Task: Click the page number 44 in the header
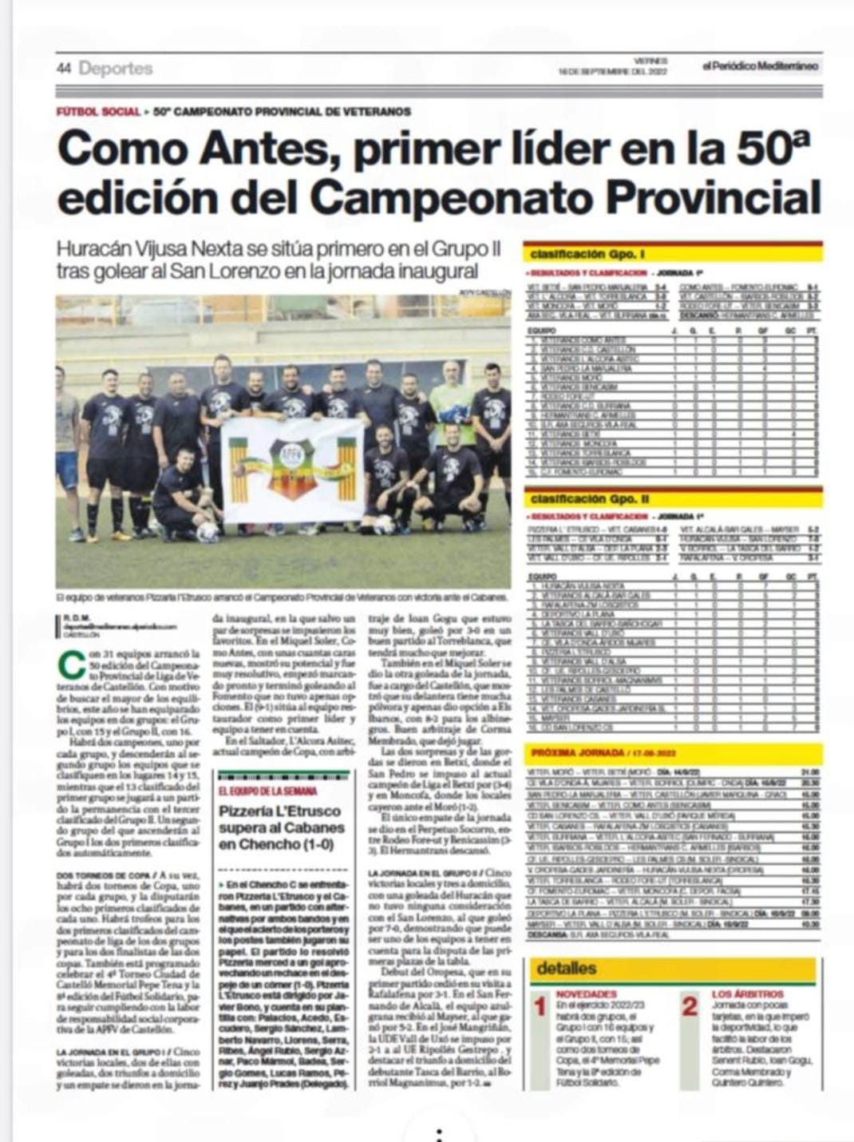(64, 69)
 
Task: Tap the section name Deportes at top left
(116, 69)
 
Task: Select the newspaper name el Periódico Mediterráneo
(760, 66)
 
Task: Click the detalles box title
(566, 968)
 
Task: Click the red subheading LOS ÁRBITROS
(747, 994)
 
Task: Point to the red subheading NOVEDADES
(587, 994)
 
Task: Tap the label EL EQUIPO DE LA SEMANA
(267, 791)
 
